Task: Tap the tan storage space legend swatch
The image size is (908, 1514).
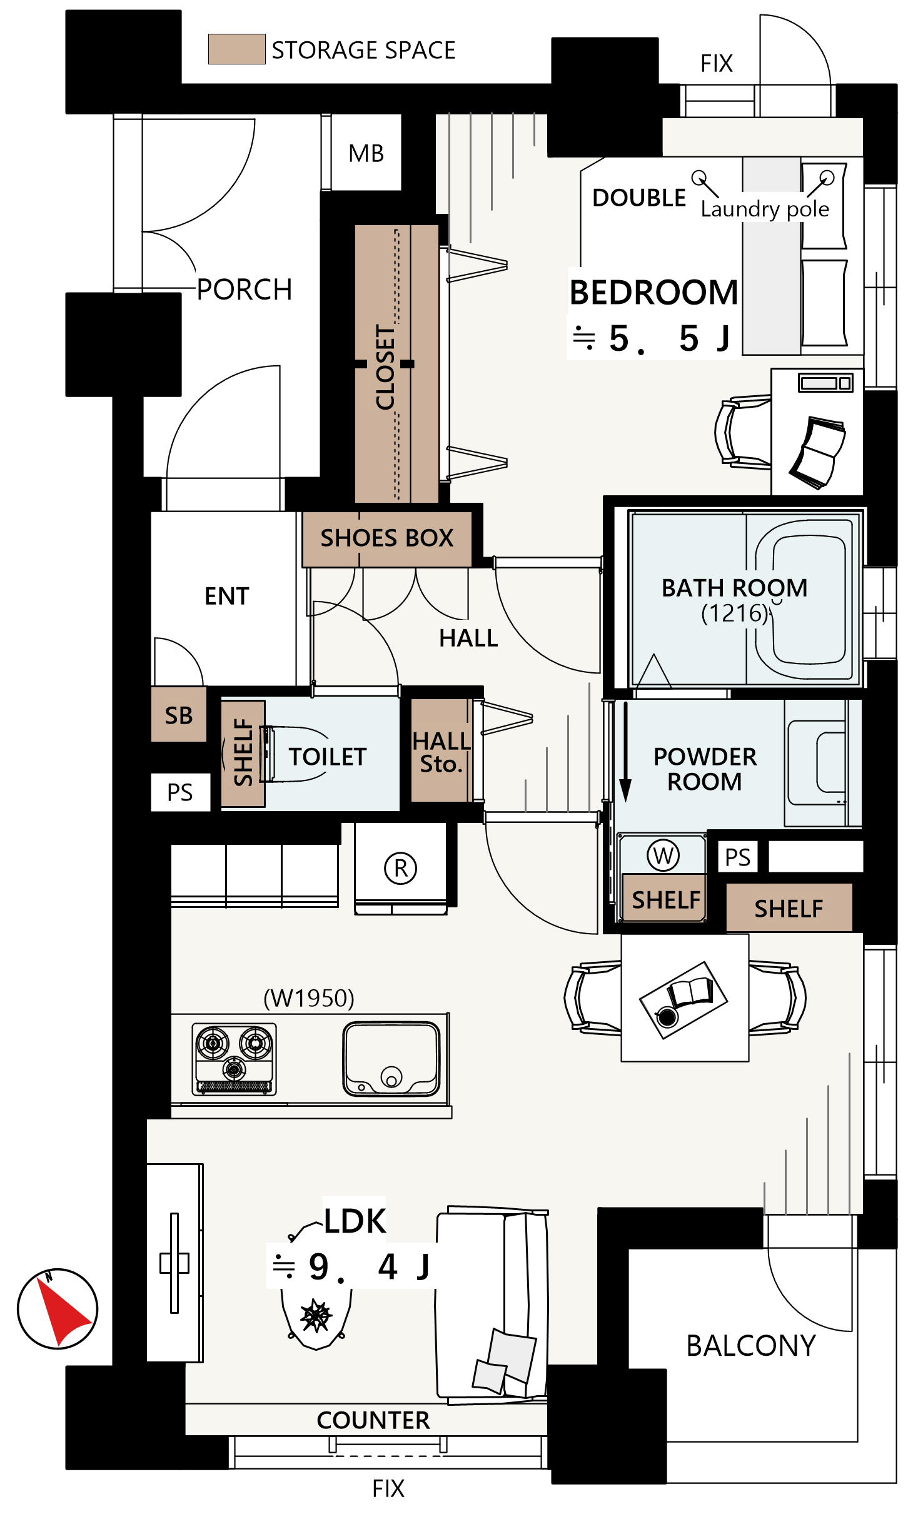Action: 236,49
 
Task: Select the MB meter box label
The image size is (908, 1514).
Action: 366,153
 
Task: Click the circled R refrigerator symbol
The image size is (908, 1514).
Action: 401,868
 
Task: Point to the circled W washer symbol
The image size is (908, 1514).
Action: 663,855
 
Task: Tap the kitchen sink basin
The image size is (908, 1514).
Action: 391,1058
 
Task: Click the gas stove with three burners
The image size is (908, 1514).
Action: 234,1059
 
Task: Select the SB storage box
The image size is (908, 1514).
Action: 179,714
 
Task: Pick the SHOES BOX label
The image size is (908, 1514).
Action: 386,538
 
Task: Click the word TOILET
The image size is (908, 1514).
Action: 328,757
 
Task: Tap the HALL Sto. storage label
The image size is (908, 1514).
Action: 441,752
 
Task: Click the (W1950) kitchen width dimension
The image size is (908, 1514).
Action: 309,998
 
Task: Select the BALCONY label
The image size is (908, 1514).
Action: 751,1346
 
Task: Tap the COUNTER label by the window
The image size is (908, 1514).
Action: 373,1420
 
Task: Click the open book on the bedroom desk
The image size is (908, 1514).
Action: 817,452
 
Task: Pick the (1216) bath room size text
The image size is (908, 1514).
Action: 735,613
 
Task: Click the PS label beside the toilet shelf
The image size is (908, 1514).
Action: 180,792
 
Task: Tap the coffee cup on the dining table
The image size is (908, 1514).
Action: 667,1017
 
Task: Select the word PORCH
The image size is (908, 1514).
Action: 245,290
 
